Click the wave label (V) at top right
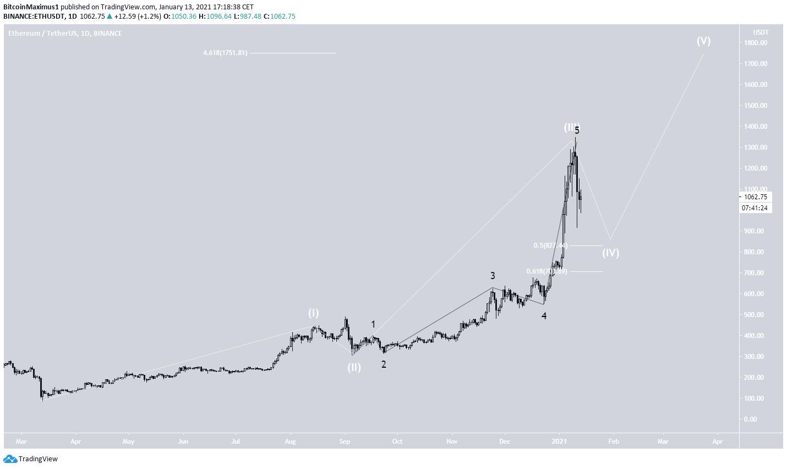pyautogui.click(x=703, y=41)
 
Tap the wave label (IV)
pyautogui.click(x=610, y=253)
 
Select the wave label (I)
pyautogui.click(x=313, y=313)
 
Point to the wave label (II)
pyautogui.click(x=354, y=367)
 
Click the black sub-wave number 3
pyautogui.click(x=493, y=276)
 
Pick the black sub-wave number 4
pyautogui.click(x=544, y=316)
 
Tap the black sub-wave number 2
pyautogui.click(x=384, y=364)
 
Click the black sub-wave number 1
pyautogui.click(x=373, y=324)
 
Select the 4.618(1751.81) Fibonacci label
pyautogui.click(x=225, y=53)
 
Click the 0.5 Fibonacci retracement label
pyautogui.click(x=550, y=246)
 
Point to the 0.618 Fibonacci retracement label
pyautogui.click(x=546, y=271)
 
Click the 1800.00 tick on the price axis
pyautogui.click(x=756, y=43)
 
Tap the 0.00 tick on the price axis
pyautogui.click(x=761, y=419)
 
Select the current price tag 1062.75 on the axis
pyautogui.click(x=756, y=197)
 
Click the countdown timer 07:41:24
pyautogui.click(x=756, y=208)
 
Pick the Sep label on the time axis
pyautogui.click(x=345, y=441)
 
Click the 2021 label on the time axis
pyautogui.click(x=559, y=441)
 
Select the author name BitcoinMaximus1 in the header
pyautogui.click(x=31, y=7)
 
